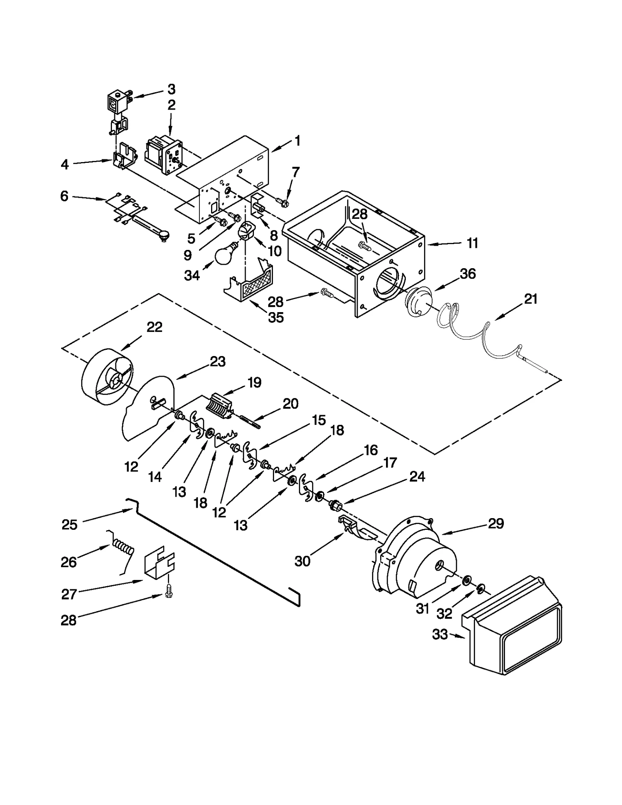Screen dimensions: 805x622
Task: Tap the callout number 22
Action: [154, 327]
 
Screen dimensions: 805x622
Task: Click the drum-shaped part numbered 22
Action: [107, 379]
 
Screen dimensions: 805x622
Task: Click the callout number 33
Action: [440, 634]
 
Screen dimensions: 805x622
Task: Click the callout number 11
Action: [472, 243]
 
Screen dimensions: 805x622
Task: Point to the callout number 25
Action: [70, 525]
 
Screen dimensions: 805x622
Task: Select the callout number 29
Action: [495, 524]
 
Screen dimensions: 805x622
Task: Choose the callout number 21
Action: [531, 299]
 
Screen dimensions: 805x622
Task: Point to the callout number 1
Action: [297, 141]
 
